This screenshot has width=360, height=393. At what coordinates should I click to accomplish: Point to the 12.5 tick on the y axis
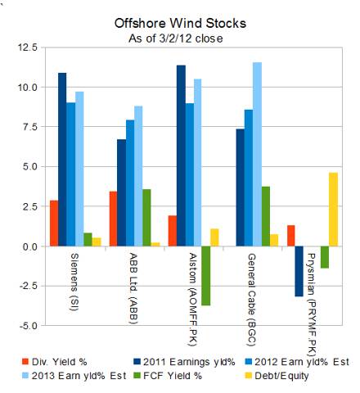(x=26, y=48)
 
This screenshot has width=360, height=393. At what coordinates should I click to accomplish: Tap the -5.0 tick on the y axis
(x=26, y=325)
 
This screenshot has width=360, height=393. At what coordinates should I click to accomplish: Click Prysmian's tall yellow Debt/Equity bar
(x=332, y=209)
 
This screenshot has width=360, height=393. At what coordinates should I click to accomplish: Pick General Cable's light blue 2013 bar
(x=258, y=154)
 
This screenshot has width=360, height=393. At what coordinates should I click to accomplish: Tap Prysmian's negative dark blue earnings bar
(x=299, y=271)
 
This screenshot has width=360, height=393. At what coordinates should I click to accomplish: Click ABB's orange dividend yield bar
(x=113, y=219)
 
